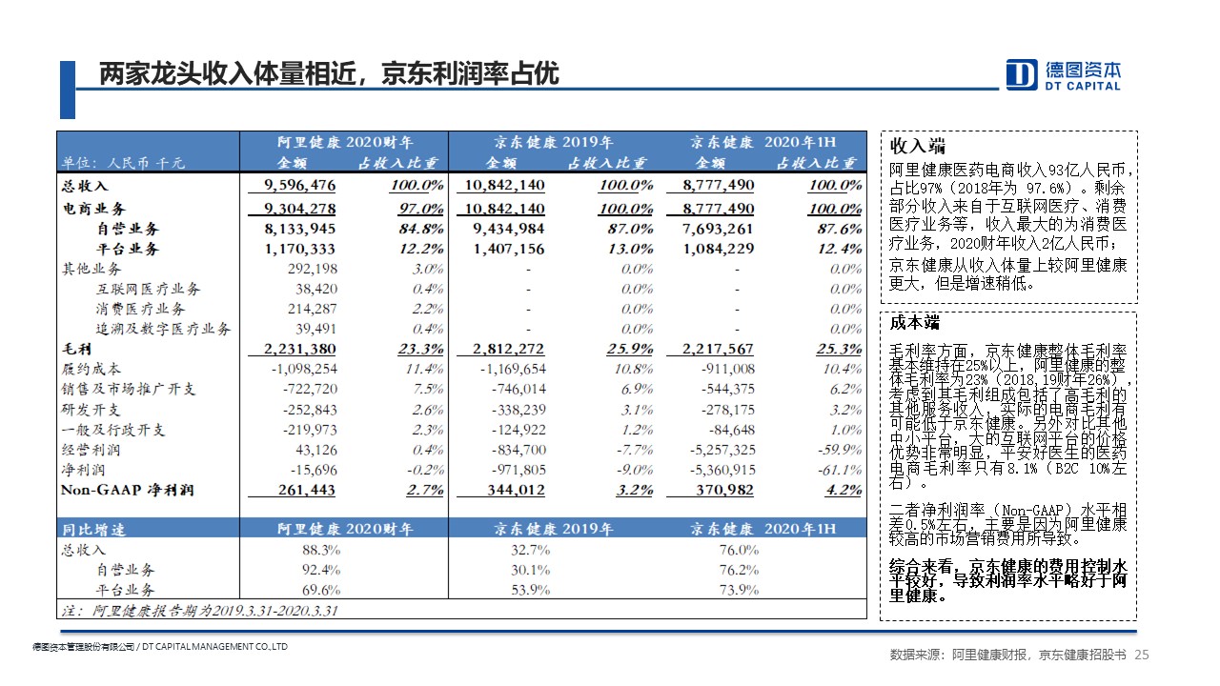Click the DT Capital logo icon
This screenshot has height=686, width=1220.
(x=1021, y=74)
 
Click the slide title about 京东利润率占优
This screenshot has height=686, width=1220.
(x=329, y=73)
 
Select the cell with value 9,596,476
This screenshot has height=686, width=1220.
(x=299, y=185)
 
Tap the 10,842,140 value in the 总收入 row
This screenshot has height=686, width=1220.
(x=504, y=185)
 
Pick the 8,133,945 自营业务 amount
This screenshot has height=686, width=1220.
(x=299, y=229)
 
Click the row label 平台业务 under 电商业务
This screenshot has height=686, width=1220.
(x=128, y=249)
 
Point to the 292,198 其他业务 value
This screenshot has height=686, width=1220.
(x=312, y=269)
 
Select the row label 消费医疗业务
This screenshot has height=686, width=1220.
(x=140, y=309)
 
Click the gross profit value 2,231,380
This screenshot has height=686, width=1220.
(x=299, y=349)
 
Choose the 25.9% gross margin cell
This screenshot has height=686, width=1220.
(x=630, y=349)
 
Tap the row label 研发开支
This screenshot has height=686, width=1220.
(x=91, y=410)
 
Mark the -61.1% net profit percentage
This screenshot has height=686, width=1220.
(x=840, y=470)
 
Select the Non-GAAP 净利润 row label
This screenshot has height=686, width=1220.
(x=128, y=490)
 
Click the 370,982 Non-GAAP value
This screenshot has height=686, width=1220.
(x=724, y=490)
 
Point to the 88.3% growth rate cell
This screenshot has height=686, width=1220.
(x=321, y=550)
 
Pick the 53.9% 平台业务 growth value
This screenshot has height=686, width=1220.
(x=531, y=590)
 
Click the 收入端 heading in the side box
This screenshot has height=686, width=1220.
(x=917, y=146)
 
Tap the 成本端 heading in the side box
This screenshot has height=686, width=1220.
(x=915, y=322)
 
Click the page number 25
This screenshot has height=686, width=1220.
(x=1142, y=655)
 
